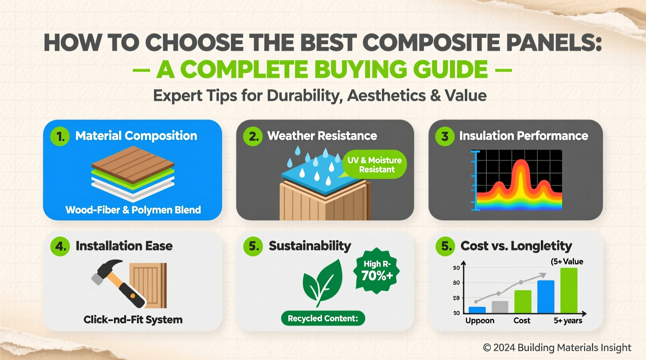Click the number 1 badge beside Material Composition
coord(60,137)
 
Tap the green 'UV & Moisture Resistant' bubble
coord(375,164)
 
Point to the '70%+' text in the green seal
coord(377,276)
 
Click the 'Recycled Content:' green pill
coord(323,318)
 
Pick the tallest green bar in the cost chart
coord(569,290)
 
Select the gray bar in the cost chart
coord(500,307)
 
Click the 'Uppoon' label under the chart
coord(480,321)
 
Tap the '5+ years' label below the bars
coord(568,321)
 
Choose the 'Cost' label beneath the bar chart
coord(522,321)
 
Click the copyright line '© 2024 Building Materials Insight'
coord(557,348)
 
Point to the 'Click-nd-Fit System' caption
coord(133,320)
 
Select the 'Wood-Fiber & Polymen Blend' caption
coord(133,210)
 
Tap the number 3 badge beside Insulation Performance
coord(445,137)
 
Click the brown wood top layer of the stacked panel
coord(133,163)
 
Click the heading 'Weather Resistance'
coord(322,136)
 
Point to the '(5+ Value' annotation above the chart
coord(567,262)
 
